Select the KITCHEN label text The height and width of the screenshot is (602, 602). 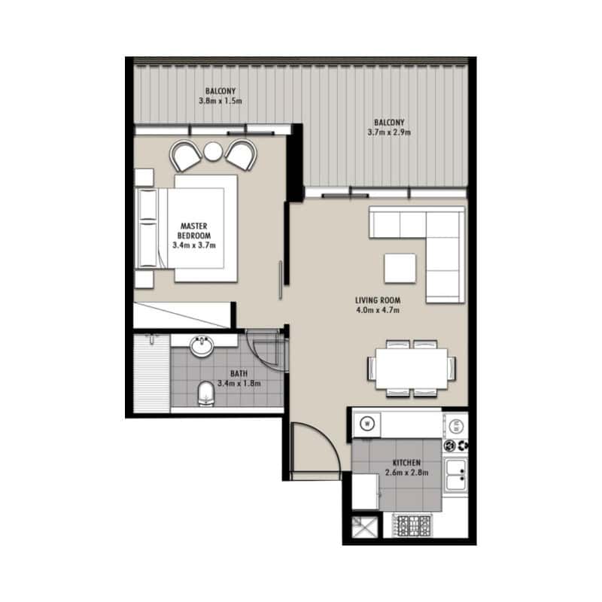point(406,463)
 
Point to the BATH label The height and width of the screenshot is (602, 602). point(239,373)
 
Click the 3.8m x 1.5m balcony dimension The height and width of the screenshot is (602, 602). point(220,101)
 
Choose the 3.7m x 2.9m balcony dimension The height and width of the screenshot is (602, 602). point(389,132)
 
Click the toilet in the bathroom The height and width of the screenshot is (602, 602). point(205,393)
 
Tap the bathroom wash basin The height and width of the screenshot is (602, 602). point(201,345)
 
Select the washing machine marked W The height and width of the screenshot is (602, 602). point(367,424)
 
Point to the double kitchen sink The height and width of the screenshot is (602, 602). point(455,475)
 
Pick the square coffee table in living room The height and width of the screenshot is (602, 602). point(400,269)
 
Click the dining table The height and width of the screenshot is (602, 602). point(412,369)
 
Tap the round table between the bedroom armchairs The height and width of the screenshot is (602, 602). point(213,151)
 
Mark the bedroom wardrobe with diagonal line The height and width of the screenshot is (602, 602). point(183,315)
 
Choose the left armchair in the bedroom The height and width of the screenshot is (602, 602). point(185,156)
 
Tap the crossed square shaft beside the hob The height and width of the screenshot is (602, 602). point(365,526)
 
